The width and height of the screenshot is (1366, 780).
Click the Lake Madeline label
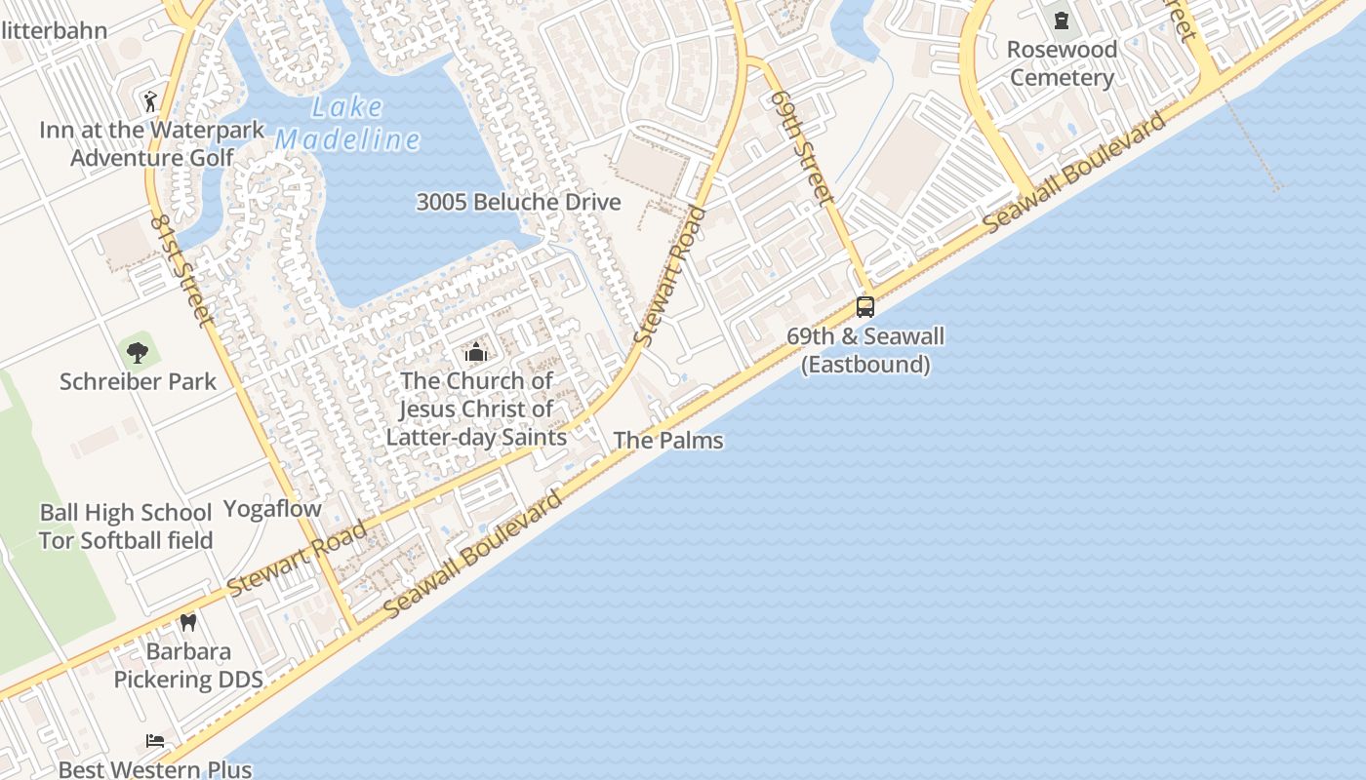point(347,124)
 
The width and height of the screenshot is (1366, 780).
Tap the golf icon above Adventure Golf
point(150,100)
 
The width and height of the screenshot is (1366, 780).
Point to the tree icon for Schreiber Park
point(138,351)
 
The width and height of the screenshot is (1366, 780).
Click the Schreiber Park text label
point(138,381)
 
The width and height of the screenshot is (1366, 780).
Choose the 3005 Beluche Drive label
point(518,203)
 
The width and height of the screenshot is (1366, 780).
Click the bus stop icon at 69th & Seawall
point(865,307)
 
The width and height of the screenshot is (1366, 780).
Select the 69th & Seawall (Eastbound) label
point(865,350)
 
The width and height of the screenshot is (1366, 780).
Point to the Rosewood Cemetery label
point(1062,63)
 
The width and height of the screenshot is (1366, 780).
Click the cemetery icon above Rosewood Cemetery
point(1062,19)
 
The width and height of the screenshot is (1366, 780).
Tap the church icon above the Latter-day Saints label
point(476,352)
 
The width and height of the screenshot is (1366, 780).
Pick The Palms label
point(668,441)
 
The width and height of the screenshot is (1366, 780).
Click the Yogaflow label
point(272,509)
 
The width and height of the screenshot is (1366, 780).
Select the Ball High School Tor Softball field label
point(126,526)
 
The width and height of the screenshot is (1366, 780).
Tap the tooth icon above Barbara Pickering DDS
point(188,622)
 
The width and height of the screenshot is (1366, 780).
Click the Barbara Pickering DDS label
point(188,665)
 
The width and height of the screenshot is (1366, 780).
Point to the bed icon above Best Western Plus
point(155,741)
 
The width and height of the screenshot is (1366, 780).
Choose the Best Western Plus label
point(155,769)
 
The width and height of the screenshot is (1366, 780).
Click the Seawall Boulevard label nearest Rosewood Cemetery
point(1074,173)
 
